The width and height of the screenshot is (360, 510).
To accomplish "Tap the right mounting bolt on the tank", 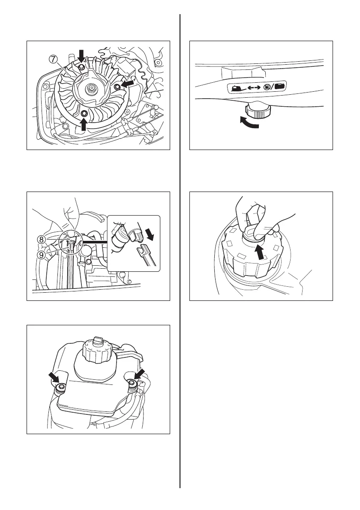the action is pos(132,385).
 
